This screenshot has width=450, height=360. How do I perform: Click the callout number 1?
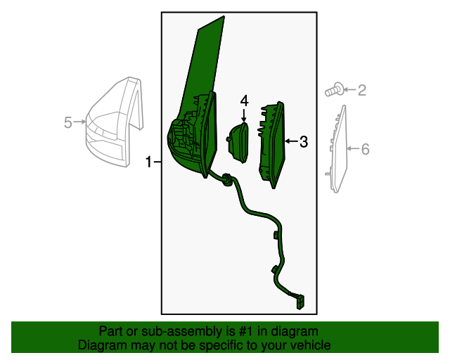pyautogui.click(x=148, y=162)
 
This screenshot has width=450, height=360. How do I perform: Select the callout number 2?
pyautogui.click(x=362, y=90)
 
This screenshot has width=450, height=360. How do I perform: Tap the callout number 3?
pyautogui.click(x=304, y=141)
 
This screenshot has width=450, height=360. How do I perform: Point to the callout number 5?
pyautogui.click(x=67, y=122)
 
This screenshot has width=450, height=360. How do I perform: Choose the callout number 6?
pyautogui.click(x=365, y=149)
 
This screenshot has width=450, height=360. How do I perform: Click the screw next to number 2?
pyautogui.click(x=334, y=89)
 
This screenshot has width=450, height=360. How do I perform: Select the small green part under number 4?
pyautogui.click(x=238, y=143)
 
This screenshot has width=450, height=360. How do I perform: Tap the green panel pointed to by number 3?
pyautogui.click(x=272, y=145)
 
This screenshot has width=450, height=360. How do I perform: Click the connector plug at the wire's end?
pyautogui.click(x=300, y=302)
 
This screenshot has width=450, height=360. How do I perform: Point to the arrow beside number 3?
pyautogui.click(x=292, y=141)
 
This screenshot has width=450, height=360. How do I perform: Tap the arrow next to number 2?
pyautogui.click(x=350, y=89)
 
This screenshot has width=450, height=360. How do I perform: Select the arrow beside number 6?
pyautogui.click(x=354, y=148)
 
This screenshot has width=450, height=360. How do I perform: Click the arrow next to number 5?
pyautogui.click(x=79, y=122)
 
